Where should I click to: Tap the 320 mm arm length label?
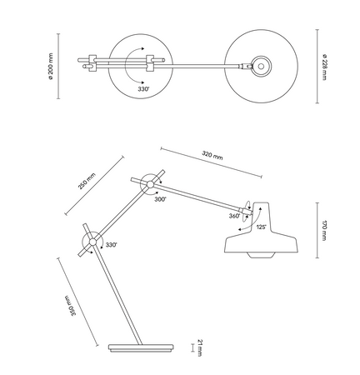point(213,155)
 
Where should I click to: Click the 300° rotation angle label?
point(159,200)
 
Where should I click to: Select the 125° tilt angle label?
point(260,227)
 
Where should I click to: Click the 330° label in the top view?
point(143,88)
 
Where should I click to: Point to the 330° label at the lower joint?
point(111,245)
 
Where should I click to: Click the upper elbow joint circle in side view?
point(150,182)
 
